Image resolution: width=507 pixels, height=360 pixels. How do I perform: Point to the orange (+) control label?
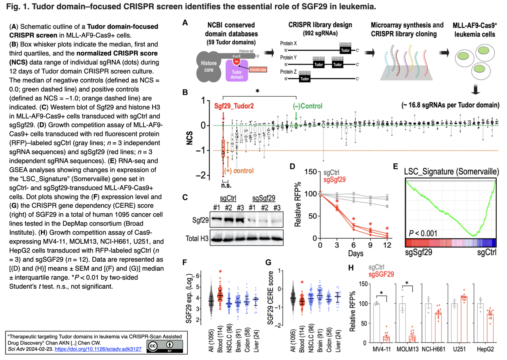pos(239,170)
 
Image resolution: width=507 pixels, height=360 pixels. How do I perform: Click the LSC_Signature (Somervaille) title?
pos(451,172)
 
